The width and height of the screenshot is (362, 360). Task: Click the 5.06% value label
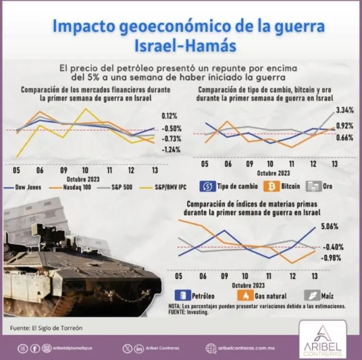point(329,226)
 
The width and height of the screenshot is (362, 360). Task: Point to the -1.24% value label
point(171,150)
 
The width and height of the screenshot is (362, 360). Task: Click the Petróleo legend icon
point(182,296)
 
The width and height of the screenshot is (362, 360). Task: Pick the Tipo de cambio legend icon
point(208,186)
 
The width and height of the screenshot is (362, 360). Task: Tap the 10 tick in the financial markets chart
point(85,170)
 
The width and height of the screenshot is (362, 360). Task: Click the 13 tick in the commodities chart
point(314,276)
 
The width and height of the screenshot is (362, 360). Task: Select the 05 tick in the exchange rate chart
point(205,164)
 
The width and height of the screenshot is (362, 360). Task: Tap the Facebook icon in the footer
point(35,349)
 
